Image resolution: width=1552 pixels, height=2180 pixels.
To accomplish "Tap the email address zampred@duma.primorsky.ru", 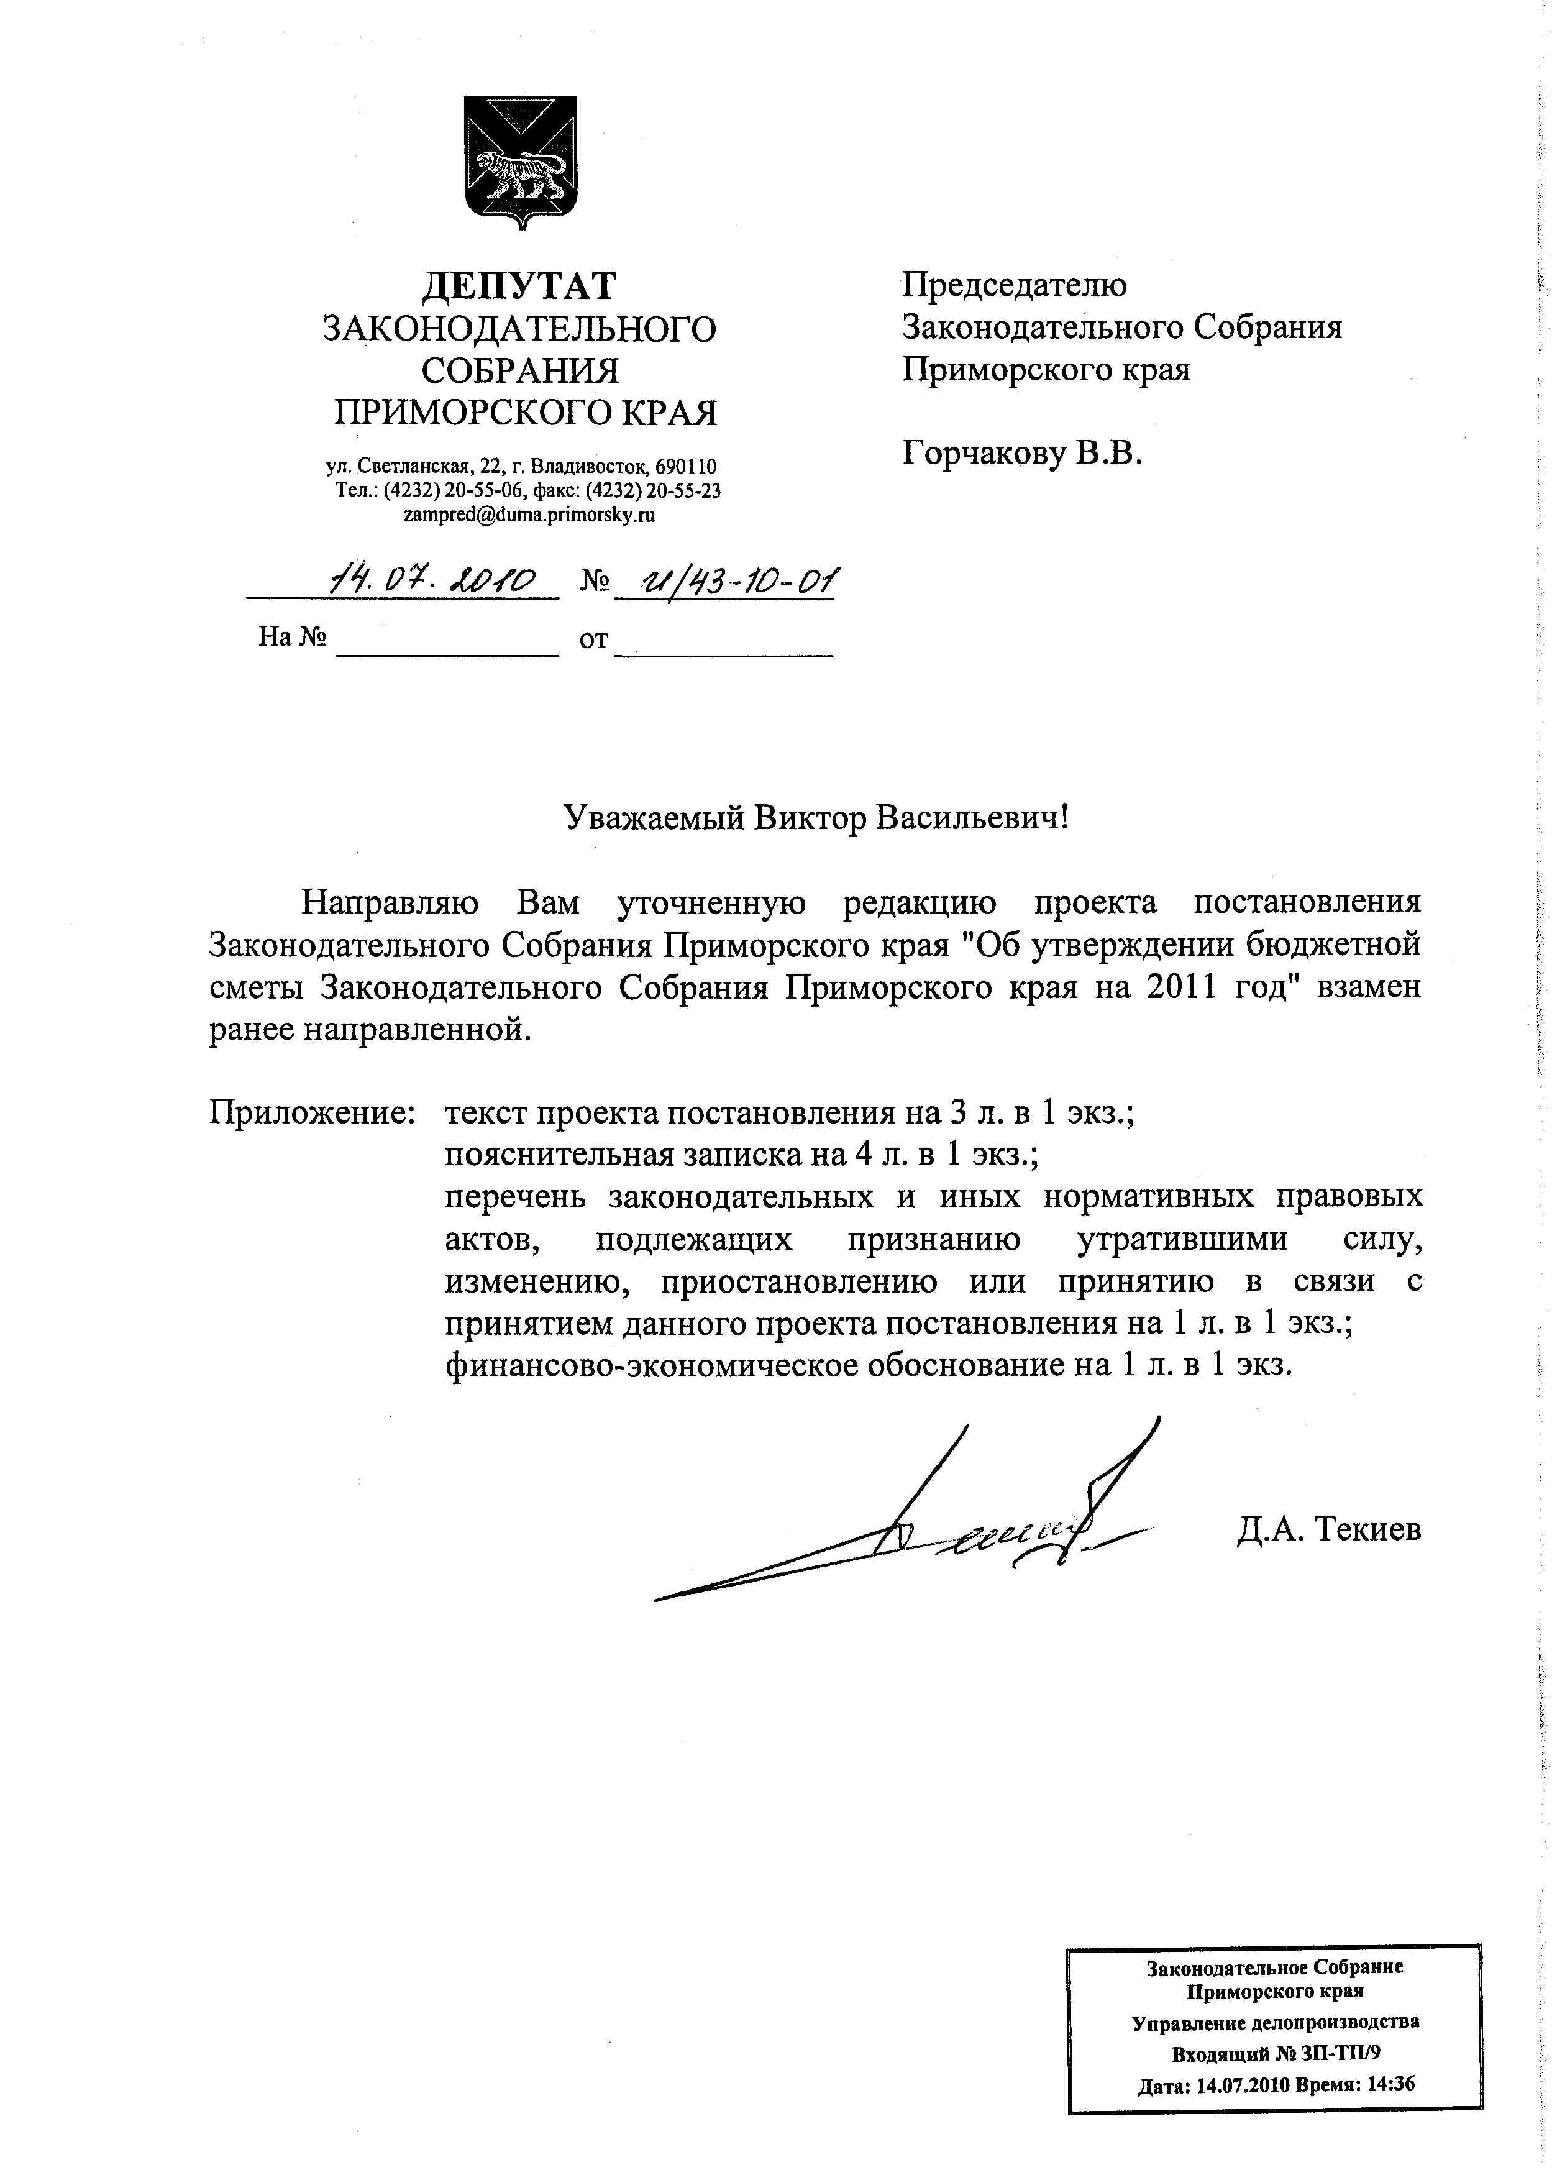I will [x=529, y=515].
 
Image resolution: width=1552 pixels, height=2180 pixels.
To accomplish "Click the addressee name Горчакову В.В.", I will [x=1023, y=453].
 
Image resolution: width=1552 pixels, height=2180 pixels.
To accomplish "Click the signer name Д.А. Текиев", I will [x=1328, y=1529].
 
